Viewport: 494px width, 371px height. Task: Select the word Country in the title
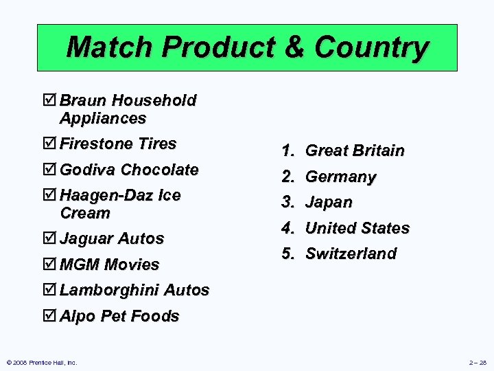371,47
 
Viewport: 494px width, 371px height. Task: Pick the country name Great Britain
355,150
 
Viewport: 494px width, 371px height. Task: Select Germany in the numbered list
341,177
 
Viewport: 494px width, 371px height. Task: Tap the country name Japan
329,203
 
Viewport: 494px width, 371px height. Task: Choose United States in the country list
357,228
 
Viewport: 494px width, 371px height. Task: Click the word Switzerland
351,254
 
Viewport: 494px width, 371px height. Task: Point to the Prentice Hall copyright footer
42,362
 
